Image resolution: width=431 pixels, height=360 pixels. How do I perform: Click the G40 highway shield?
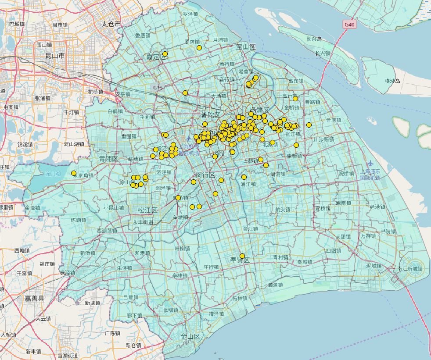[x=349, y=25]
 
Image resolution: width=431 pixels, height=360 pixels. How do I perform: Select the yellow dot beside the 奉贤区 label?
[x=242, y=256]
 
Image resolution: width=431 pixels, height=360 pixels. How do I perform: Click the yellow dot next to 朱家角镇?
[x=74, y=173]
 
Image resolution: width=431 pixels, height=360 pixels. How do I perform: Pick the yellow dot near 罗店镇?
[x=199, y=47]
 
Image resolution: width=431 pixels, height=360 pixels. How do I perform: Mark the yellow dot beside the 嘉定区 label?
[x=165, y=54]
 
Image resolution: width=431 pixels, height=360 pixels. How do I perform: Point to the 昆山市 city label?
[x=55, y=56]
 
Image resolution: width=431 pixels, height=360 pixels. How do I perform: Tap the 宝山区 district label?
[x=246, y=46]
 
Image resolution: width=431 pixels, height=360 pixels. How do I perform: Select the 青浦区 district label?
[x=108, y=158]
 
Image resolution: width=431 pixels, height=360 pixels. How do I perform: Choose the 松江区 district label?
[x=147, y=210]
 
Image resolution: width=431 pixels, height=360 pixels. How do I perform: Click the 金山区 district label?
[x=190, y=337]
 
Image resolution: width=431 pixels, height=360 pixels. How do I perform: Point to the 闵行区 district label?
[x=205, y=175]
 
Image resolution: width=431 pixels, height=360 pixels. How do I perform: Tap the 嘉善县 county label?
[x=34, y=298]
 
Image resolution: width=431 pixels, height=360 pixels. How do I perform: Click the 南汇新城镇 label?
[x=410, y=268]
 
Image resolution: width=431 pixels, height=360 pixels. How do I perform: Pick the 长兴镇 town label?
[x=323, y=53]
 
